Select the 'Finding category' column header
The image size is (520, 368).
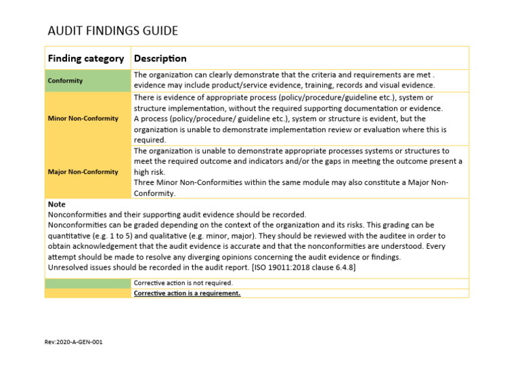(x=85, y=58)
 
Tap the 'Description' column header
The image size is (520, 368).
(x=160, y=58)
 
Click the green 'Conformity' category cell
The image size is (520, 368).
(x=66, y=81)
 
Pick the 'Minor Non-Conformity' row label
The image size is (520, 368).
(x=83, y=119)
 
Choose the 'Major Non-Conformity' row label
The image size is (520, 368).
(x=83, y=171)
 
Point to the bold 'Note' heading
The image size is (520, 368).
(x=57, y=204)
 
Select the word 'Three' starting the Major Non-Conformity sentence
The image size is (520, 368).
(x=145, y=183)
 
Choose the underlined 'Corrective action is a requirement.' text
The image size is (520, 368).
(x=187, y=293)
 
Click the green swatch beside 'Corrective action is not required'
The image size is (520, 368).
(x=87, y=283)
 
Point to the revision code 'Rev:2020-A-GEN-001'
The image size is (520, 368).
(x=74, y=342)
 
